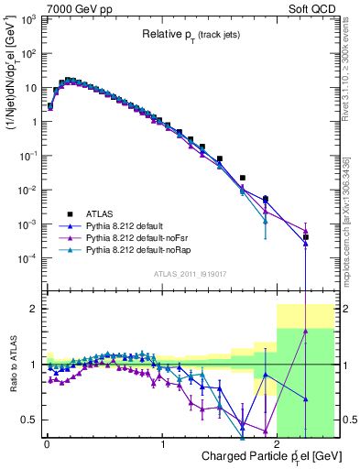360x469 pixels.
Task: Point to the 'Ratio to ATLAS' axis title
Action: [12, 364]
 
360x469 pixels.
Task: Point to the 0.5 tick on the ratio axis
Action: [30, 420]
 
